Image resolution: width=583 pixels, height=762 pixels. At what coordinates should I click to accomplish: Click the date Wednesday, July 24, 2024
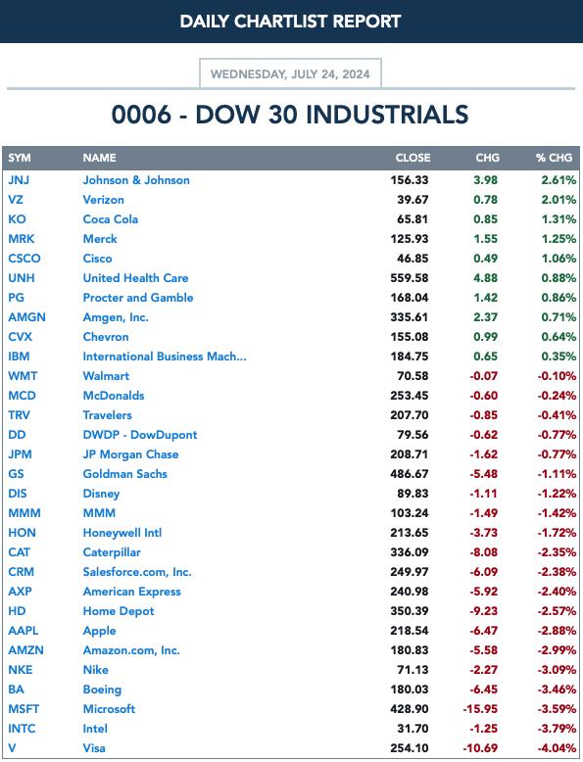click(x=290, y=74)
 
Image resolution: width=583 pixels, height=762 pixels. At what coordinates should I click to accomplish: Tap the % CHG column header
click(x=555, y=158)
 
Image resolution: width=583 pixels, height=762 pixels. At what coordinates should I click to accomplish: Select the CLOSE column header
click(x=413, y=158)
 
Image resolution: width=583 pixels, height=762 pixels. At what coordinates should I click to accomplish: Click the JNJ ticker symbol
click(x=19, y=180)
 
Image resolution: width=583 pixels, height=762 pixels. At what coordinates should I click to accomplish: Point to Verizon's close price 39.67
click(x=413, y=200)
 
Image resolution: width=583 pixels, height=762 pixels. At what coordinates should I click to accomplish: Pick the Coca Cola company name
click(x=111, y=219)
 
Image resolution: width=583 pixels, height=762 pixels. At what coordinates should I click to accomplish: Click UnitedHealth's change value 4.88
click(x=485, y=278)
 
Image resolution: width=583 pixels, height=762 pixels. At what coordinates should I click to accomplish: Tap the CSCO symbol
click(x=24, y=259)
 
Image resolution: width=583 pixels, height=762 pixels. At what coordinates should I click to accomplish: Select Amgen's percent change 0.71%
click(x=559, y=317)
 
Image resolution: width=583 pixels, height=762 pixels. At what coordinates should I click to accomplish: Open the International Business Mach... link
click(x=165, y=357)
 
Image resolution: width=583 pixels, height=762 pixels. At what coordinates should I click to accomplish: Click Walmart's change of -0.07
click(x=483, y=376)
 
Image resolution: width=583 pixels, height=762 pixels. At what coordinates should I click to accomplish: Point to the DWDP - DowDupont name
click(x=140, y=435)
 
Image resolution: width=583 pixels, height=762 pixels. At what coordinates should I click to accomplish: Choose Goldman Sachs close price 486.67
click(x=410, y=474)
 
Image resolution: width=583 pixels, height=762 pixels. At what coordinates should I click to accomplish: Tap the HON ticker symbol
click(x=22, y=533)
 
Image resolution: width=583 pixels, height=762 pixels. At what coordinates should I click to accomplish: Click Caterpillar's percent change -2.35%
click(x=557, y=552)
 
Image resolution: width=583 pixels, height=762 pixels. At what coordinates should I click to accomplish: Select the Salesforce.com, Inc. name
click(x=137, y=572)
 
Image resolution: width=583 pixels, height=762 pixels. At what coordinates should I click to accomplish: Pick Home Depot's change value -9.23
click(x=483, y=611)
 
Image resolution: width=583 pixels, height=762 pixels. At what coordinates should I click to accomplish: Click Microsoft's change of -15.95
click(x=480, y=709)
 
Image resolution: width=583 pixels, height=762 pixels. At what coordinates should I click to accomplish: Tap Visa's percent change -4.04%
click(x=557, y=748)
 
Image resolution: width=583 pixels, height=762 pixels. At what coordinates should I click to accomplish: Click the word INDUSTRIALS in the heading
click(x=387, y=116)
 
